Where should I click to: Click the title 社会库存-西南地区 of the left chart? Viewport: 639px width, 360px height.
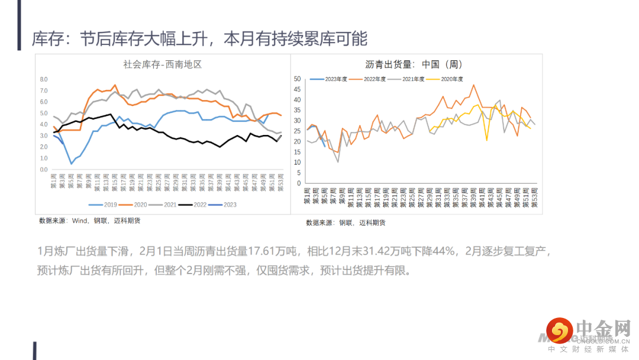(x=162, y=64)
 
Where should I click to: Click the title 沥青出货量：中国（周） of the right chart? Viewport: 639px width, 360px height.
(x=414, y=65)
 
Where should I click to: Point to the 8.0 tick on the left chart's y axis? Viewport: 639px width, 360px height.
(x=43, y=79)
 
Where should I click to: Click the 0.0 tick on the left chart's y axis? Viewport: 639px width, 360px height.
(x=43, y=170)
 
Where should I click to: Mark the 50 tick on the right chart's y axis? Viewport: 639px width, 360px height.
(x=298, y=79)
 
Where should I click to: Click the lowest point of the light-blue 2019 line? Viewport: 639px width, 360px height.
(x=71, y=163)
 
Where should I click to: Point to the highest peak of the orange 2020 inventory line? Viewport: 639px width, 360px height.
(x=115, y=85)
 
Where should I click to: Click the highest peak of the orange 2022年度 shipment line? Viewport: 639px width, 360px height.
(x=474, y=85)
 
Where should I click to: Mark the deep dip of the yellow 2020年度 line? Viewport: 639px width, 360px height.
(x=486, y=140)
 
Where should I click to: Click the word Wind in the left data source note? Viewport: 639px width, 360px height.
(x=79, y=220)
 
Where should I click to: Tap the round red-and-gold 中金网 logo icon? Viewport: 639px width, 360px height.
(x=559, y=331)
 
